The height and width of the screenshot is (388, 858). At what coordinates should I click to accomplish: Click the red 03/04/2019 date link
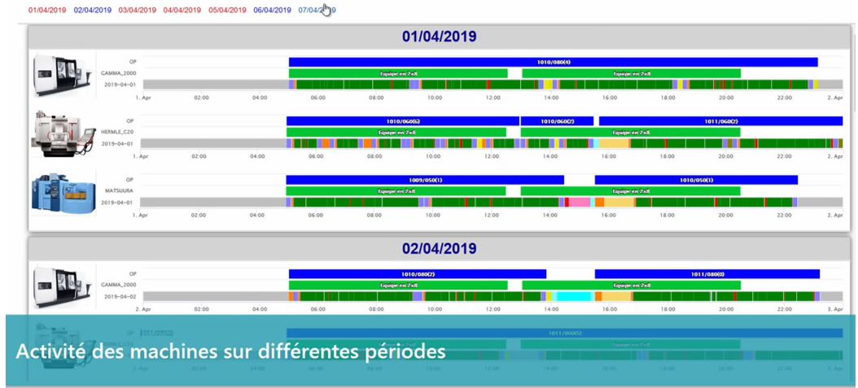(x=137, y=11)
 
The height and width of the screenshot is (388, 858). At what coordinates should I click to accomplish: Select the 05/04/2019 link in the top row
(x=227, y=11)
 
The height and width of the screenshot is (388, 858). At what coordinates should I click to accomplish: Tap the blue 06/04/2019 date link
(x=272, y=11)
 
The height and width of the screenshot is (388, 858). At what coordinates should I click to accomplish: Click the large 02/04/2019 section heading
(x=439, y=248)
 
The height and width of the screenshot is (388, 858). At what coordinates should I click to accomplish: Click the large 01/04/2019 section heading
(x=439, y=37)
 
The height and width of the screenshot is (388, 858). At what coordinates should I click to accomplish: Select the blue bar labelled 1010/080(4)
(x=553, y=62)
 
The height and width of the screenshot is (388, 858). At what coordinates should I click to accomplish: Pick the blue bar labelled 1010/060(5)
(x=402, y=121)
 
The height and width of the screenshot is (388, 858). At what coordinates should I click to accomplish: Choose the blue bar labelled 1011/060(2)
(x=720, y=121)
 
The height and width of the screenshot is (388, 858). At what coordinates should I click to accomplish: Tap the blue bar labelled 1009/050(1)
(x=424, y=180)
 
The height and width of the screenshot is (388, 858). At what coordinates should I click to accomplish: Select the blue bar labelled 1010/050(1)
(x=696, y=180)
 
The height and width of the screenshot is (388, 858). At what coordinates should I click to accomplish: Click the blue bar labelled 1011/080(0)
(x=707, y=274)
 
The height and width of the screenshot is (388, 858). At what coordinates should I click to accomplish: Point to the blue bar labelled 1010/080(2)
(x=417, y=274)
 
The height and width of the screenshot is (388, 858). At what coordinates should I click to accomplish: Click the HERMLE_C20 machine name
(x=117, y=132)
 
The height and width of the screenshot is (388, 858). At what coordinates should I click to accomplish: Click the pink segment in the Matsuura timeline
(x=580, y=203)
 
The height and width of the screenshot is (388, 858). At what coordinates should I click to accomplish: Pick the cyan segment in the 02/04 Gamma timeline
(x=573, y=297)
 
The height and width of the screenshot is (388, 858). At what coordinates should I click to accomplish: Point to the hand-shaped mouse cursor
(x=326, y=10)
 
